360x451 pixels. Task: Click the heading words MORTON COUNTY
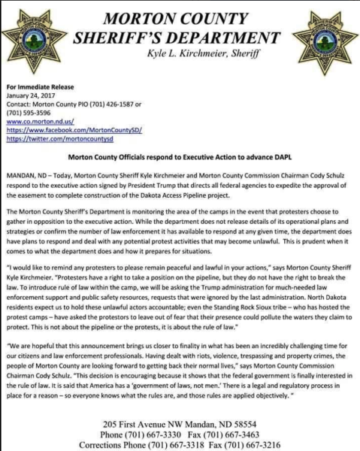point(181,17)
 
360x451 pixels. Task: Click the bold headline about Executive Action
point(180,158)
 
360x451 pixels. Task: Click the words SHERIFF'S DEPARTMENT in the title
point(181,38)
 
